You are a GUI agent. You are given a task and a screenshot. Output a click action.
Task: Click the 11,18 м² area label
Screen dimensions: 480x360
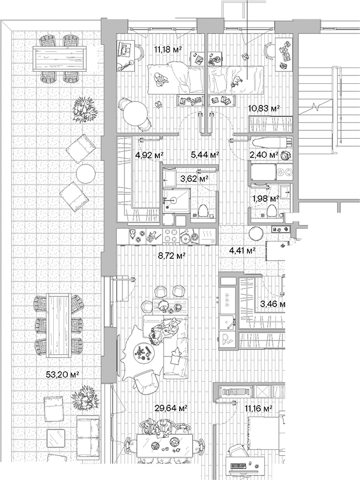pyautogui.click(x=167, y=49)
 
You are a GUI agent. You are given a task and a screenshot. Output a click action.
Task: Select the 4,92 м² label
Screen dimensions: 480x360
pyautogui.click(x=150, y=154)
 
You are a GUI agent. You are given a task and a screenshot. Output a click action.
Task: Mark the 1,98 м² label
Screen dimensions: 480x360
pyautogui.click(x=265, y=198)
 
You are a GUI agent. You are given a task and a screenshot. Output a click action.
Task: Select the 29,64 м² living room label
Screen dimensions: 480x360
pyautogui.click(x=171, y=407)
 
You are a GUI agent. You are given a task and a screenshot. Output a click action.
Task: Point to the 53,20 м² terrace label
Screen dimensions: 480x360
pyautogui.click(x=62, y=374)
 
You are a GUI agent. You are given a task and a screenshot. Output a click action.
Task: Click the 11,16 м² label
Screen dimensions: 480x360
pyautogui.click(x=259, y=407)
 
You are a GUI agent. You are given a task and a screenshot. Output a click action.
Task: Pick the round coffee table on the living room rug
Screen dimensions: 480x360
pyautogui.click(x=142, y=352)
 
